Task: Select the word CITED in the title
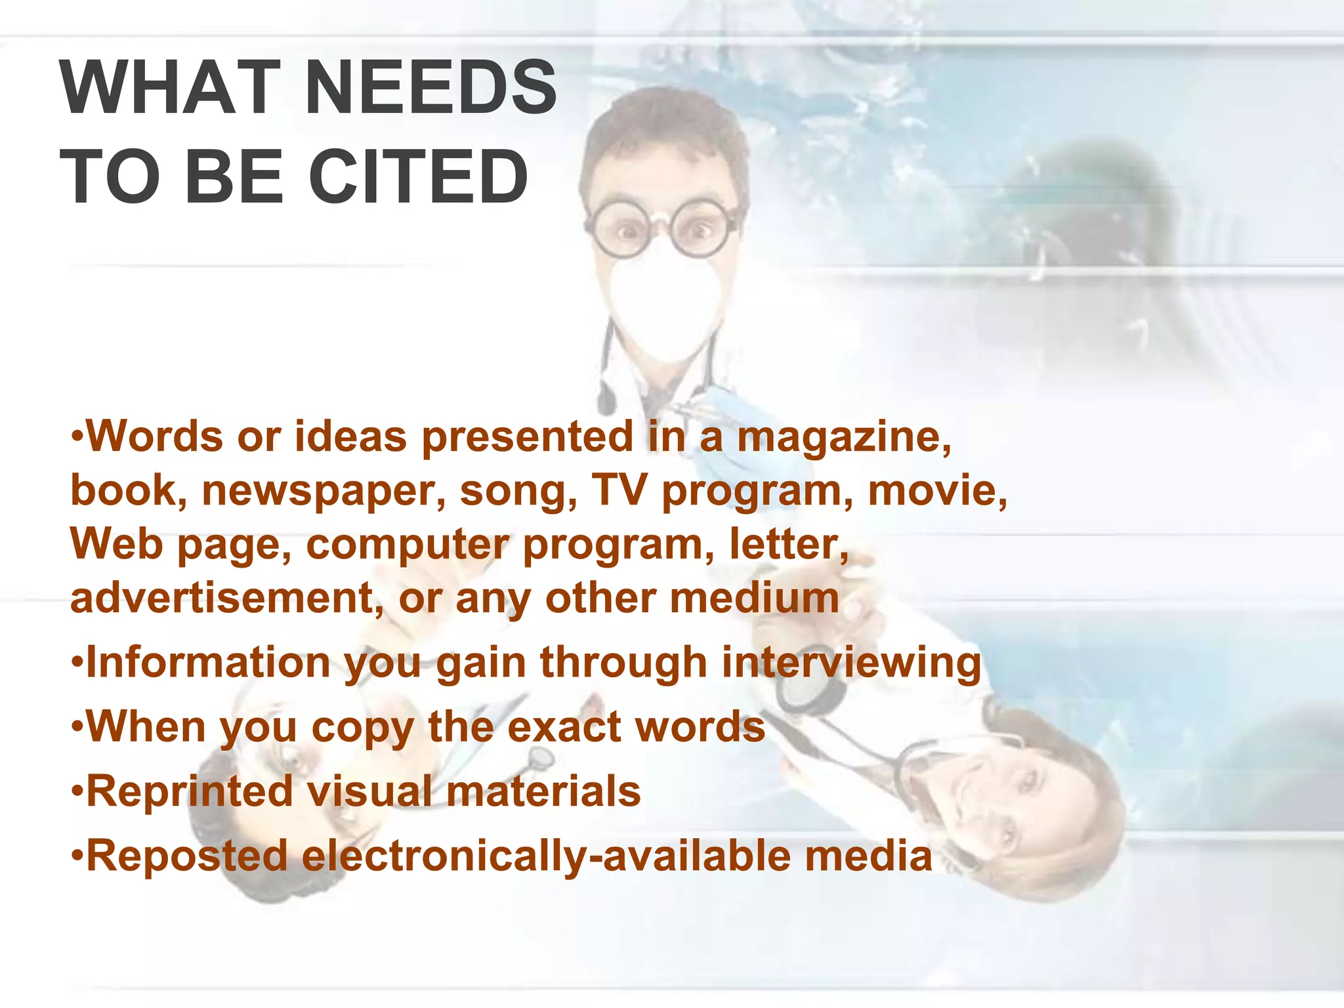coord(418,177)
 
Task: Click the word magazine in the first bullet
coord(844,438)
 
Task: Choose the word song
coord(518,492)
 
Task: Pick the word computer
coord(408,545)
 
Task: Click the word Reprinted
coord(190,791)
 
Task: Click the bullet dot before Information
coord(77,662)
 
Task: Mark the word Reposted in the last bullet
coord(187,856)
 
